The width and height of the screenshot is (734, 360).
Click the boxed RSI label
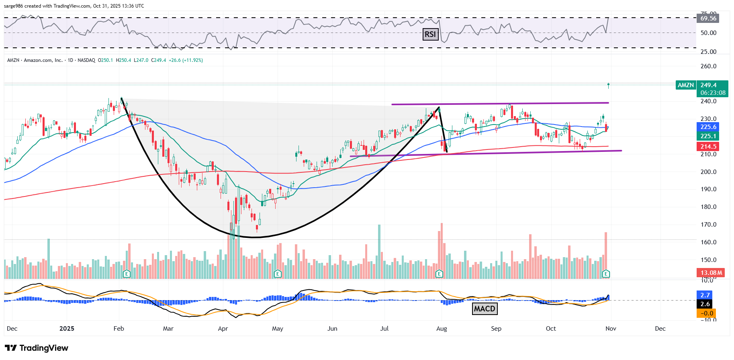tap(430, 35)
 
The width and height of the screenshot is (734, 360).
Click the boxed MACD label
tap(485, 309)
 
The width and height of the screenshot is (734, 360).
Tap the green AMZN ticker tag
tap(685, 85)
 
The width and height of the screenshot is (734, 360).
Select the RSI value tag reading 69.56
tap(708, 18)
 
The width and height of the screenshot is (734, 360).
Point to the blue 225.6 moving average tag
tap(708, 127)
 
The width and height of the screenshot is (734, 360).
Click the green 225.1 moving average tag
tap(708, 136)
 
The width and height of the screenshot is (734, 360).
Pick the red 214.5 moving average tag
tap(708, 147)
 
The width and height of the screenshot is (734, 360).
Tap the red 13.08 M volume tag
tap(711, 273)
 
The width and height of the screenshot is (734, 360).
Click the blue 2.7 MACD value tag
tap(705, 295)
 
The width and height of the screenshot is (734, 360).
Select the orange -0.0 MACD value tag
tap(707, 313)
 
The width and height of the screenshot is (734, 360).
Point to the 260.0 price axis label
tap(708, 66)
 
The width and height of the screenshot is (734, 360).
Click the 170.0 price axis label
tap(708, 225)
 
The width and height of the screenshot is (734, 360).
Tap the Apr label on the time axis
tap(223, 329)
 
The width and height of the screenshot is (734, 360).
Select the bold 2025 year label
tap(67, 329)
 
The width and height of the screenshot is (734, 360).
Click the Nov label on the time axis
tap(611, 329)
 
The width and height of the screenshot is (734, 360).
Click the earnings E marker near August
tap(439, 274)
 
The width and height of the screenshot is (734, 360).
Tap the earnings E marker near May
tap(277, 274)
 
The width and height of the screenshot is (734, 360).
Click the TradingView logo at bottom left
tap(37, 348)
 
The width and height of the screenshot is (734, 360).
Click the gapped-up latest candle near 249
tap(609, 85)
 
